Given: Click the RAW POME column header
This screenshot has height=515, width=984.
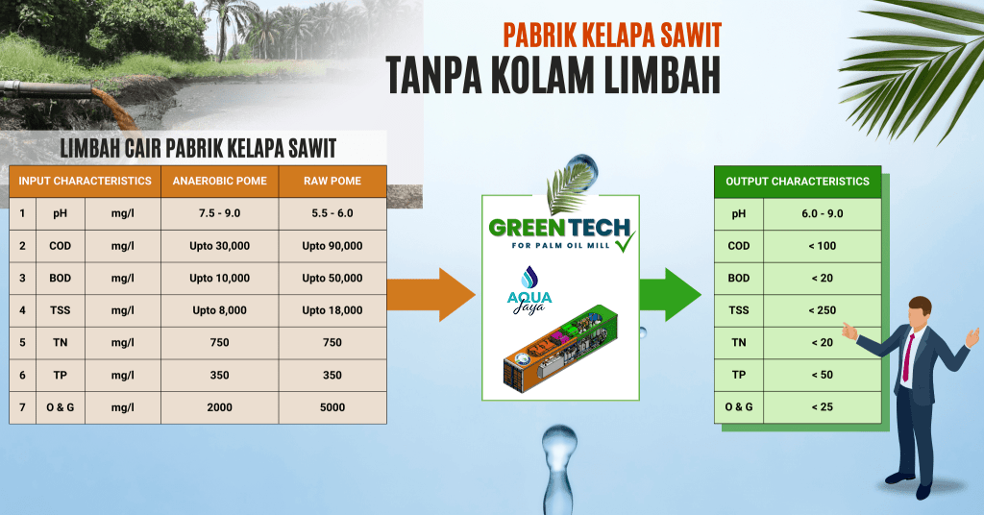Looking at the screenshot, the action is click(x=332, y=181).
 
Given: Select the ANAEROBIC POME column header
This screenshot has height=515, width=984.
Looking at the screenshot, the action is click(x=220, y=181).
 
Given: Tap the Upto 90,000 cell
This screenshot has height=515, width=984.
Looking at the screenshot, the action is click(x=332, y=246).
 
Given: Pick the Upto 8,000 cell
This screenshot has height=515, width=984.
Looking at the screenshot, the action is click(x=220, y=310).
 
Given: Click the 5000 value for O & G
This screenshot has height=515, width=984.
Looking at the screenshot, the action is click(x=332, y=407).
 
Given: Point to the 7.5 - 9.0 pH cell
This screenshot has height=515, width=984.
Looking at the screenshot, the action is click(x=220, y=213).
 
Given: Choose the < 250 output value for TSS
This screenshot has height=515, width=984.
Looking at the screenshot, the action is click(x=823, y=310).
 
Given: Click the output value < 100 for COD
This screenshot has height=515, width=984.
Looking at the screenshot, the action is click(x=823, y=246).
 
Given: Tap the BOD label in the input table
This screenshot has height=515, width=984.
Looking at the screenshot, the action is click(x=61, y=278).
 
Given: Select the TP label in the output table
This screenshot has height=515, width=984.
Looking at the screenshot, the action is click(x=739, y=375).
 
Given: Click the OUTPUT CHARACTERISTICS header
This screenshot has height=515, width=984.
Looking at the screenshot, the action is click(x=798, y=182).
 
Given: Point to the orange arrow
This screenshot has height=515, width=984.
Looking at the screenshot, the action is click(x=431, y=295).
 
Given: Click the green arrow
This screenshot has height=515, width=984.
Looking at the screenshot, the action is click(x=670, y=295).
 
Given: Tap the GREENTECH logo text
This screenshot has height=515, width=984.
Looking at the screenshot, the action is click(x=559, y=228).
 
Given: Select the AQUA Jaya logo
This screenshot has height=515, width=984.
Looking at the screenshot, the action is click(x=529, y=290).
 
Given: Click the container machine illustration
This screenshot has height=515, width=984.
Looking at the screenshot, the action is click(x=560, y=348).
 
